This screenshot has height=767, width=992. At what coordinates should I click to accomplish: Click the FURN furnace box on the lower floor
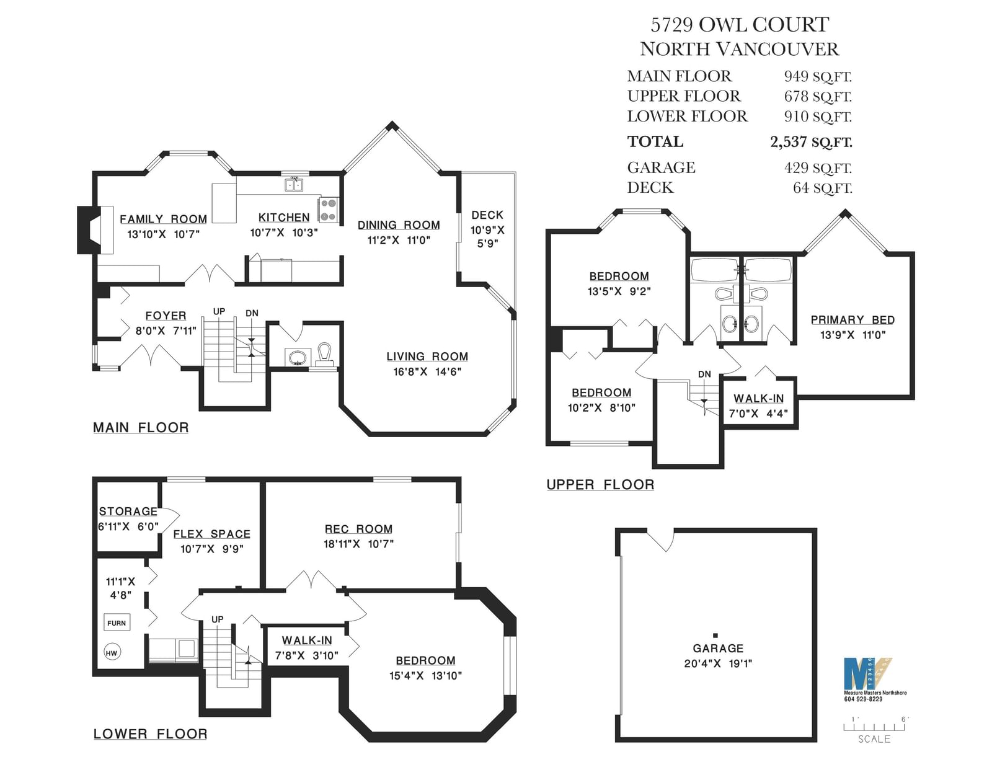point(117,623)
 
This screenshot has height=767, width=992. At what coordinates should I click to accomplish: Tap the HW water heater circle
point(112,653)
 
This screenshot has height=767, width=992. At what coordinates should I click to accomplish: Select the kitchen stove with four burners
point(328,210)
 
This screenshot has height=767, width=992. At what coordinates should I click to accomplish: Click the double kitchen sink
point(294,184)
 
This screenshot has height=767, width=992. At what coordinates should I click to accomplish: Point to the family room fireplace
point(95,229)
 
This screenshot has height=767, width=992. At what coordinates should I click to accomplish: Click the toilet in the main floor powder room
point(324,355)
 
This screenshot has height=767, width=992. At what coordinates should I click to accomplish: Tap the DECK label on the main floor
point(487,215)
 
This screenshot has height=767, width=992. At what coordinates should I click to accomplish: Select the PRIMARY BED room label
point(852,319)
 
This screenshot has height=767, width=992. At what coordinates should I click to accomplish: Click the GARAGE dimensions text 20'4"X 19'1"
point(717,663)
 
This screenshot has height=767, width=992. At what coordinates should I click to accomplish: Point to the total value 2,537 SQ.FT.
point(811,142)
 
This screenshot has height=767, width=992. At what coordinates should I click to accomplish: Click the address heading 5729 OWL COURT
point(740,25)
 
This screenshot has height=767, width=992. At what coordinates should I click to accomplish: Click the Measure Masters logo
point(867,674)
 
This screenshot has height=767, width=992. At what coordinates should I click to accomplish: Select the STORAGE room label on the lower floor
point(128,512)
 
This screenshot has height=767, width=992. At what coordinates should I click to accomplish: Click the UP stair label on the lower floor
point(217,619)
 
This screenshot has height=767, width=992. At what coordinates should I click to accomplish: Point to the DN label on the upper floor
point(704,374)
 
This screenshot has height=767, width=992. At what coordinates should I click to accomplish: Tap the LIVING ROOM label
point(427,357)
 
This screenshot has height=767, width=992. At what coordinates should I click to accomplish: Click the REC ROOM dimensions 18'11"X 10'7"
point(358,544)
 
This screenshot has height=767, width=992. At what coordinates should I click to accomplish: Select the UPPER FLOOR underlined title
point(600,484)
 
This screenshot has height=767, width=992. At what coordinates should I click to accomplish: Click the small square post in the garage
point(715,635)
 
